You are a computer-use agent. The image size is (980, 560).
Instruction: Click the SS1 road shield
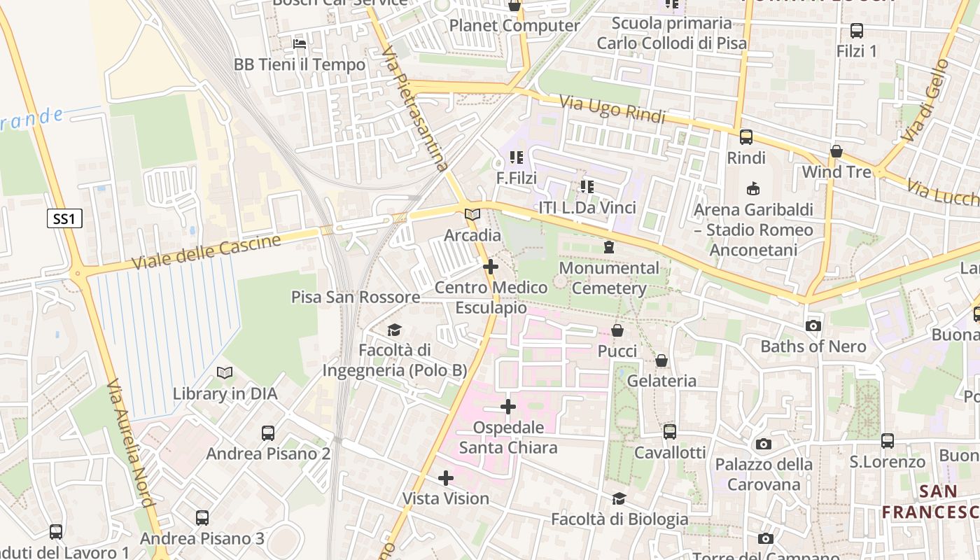pyautogui.click(x=64, y=219)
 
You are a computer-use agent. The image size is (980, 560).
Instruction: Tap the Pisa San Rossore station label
pyautogui.click(x=356, y=297)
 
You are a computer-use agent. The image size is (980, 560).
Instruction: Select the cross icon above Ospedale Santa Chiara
pyautogui.click(x=508, y=407)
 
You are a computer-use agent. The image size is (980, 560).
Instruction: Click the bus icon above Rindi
pyautogui.click(x=746, y=137)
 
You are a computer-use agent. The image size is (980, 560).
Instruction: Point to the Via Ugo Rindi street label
pyautogui.click(x=612, y=108)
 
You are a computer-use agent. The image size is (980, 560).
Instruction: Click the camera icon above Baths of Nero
pyautogui.click(x=813, y=325)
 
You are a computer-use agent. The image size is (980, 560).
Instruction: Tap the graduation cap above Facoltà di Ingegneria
pyautogui.click(x=395, y=330)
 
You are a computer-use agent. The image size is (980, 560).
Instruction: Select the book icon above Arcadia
pyautogui.click(x=472, y=214)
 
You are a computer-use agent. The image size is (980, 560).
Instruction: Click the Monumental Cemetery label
pyautogui.click(x=609, y=278)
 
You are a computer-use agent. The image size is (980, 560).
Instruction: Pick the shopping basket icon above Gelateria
pyautogui.click(x=661, y=360)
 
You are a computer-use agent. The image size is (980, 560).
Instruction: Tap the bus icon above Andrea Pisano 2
pyautogui.click(x=268, y=433)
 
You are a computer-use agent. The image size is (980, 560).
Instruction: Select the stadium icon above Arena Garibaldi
pyautogui.click(x=753, y=188)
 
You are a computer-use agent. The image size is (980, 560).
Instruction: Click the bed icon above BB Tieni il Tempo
pyautogui.click(x=300, y=44)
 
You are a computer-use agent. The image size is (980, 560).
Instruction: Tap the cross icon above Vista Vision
pyautogui.click(x=446, y=478)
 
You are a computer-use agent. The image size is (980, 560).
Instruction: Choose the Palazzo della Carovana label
pyautogui.click(x=764, y=474)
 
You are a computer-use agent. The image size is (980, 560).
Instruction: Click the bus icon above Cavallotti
pyautogui.click(x=670, y=432)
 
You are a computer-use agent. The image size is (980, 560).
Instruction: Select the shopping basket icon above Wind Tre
pyautogui.click(x=836, y=151)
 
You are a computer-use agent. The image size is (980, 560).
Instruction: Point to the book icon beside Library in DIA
pyautogui.click(x=225, y=373)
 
